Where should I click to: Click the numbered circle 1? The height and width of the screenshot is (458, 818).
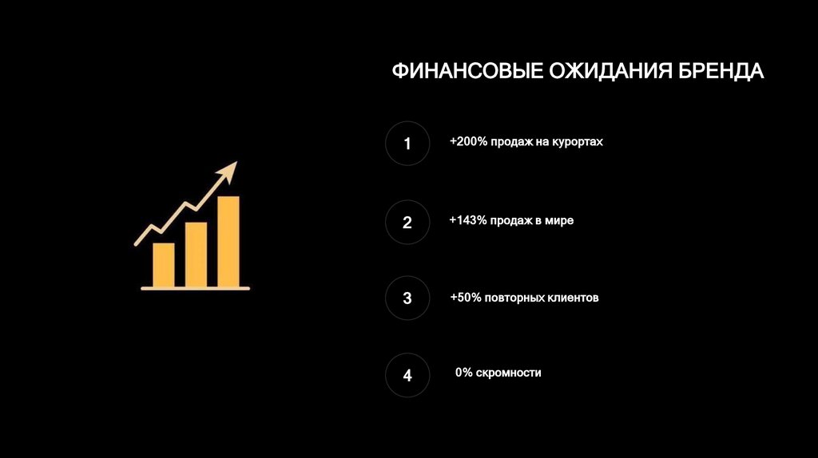[407, 144]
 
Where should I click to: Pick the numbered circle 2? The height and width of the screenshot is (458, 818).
[407, 222]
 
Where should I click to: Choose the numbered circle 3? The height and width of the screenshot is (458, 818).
[407, 298]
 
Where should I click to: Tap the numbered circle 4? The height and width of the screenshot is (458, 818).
[407, 375]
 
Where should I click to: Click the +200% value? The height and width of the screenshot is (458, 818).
[466, 142]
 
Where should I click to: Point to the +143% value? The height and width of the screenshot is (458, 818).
[467, 220]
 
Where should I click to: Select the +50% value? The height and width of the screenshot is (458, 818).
[465, 298]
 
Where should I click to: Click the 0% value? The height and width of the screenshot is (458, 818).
[464, 373]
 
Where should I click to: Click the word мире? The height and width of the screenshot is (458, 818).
[559, 220]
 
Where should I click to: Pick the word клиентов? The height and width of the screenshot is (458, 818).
[571, 298]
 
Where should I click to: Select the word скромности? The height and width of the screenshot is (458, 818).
[509, 373]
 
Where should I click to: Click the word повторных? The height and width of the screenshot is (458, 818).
[513, 298]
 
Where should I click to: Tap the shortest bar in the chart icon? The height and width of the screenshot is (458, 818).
[163, 264]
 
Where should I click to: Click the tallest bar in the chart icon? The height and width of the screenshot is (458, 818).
[228, 241]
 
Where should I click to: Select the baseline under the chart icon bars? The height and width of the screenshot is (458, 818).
[196, 288]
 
